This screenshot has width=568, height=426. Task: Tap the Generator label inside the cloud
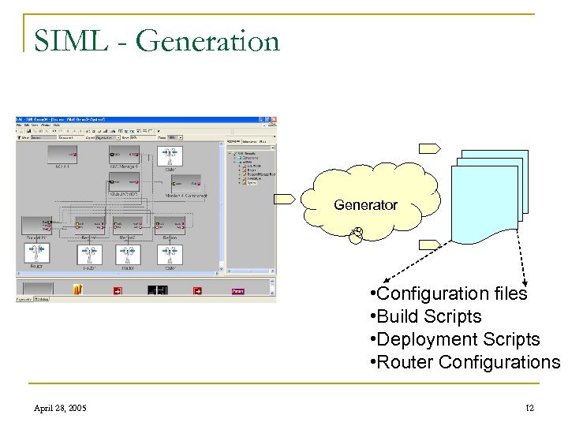(365, 204)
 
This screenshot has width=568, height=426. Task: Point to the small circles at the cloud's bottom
(357, 234)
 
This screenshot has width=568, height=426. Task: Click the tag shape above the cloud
(431, 147)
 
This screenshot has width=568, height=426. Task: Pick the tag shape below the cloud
(431, 244)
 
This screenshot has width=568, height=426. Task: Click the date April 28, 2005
(62, 408)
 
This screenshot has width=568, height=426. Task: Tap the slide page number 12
(529, 408)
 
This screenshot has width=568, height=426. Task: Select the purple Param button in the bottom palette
(237, 290)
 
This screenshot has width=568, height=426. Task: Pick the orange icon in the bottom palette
(78, 290)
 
